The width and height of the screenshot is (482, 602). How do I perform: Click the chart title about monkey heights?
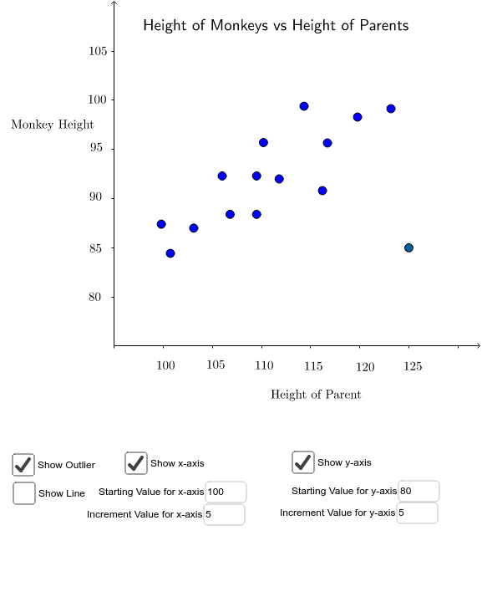pos(276,25)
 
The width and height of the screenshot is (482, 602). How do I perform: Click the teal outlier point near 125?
pos(408,247)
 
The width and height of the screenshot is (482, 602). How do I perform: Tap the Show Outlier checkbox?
pos(23,465)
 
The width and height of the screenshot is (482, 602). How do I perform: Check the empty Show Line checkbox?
pos(24,493)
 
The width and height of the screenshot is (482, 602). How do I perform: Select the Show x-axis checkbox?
pos(136,462)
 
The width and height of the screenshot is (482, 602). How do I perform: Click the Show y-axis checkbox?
pos(303,462)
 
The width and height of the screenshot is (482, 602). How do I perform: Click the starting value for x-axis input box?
pos(225,492)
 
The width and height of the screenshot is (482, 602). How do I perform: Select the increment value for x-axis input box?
pos(224,514)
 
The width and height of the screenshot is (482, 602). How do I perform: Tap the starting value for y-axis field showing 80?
pos(418,491)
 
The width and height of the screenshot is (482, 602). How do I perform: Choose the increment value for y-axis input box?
pos(417,513)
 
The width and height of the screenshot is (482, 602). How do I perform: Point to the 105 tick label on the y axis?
pos(98,51)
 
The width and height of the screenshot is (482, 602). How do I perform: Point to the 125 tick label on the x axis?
pos(413,366)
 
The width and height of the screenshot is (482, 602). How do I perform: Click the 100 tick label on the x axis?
pos(165,366)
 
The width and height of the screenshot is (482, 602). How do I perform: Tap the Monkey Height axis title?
pos(53,125)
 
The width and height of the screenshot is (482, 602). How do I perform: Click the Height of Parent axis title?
pos(316,395)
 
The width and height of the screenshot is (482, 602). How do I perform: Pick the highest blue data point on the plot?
pos(304,106)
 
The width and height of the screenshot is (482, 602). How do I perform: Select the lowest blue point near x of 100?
pos(170,253)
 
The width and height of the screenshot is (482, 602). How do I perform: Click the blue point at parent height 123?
pos(391,109)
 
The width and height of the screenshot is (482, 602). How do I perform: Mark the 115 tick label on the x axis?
pos(313,366)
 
